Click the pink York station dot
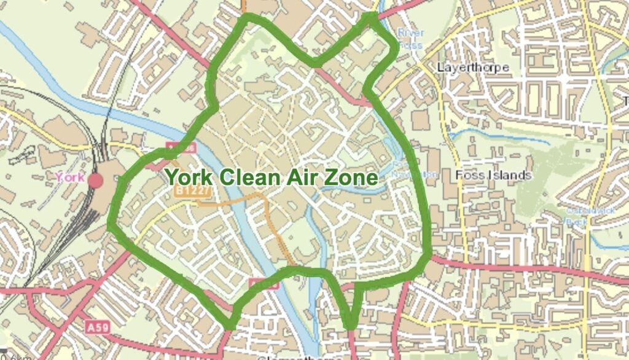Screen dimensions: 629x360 point(95,181)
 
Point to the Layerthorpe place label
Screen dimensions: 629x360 point(472,67)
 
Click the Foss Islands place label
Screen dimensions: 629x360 point(493,175)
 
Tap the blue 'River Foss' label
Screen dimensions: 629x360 point(410,38)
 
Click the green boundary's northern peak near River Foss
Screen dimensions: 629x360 point(373,15)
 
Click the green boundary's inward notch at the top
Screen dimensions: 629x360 point(315,63)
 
